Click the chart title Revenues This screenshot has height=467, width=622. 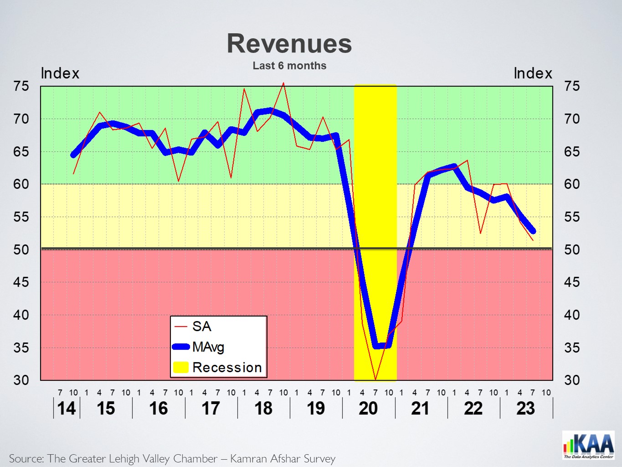click(x=289, y=44)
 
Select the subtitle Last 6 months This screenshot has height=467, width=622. click(x=289, y=66)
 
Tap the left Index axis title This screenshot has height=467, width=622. click(x=60, y=73)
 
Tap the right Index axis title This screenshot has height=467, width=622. click(x=533, y=73)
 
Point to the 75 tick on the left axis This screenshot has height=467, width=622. click(x=21, y=86)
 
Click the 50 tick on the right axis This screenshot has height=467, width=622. click(x=572, y=249)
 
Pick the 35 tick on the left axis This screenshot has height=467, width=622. click(x=21, y=348)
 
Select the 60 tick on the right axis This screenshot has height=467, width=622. click(x=572, y=184)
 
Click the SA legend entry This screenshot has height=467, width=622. click(x=201, y=327)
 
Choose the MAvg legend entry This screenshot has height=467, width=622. click(x=208, y=347)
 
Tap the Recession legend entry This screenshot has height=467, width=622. click(x=227, y=368)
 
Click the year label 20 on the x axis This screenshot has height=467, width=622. click(x=368, y=408)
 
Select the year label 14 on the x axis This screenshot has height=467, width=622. click(x=67, y=408)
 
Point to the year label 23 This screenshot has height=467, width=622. click(x=525, y=408)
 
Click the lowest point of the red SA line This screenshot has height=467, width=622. click(x=375, y=379)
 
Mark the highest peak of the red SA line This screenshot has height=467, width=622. click(x=283, y=83)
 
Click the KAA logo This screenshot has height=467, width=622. click(x=588, y=445)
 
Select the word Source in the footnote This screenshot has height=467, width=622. click(x=26, y=458)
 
